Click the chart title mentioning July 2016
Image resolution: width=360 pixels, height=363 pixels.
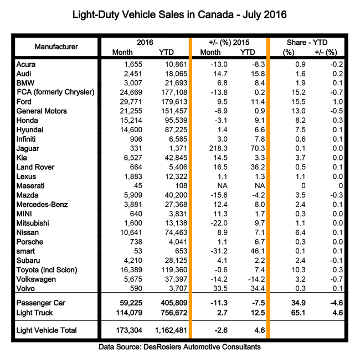point(180,13)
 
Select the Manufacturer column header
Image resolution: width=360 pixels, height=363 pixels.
point(56,46)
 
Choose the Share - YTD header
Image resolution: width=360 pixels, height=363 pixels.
point(311,42)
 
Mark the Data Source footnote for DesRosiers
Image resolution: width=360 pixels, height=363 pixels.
point(180,347)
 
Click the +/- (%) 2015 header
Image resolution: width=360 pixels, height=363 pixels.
point(229,42)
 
